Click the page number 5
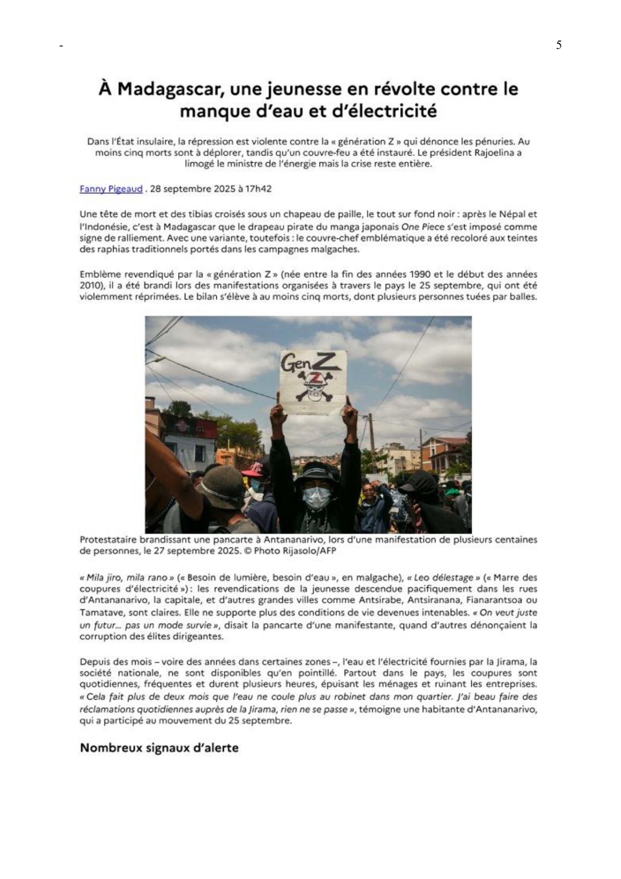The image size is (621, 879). (x=558, y=45)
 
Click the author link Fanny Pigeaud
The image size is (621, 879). (x=111, y=189)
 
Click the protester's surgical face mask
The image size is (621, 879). (x=317, y=496)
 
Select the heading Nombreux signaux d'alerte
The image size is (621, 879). (x=159, y=748)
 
